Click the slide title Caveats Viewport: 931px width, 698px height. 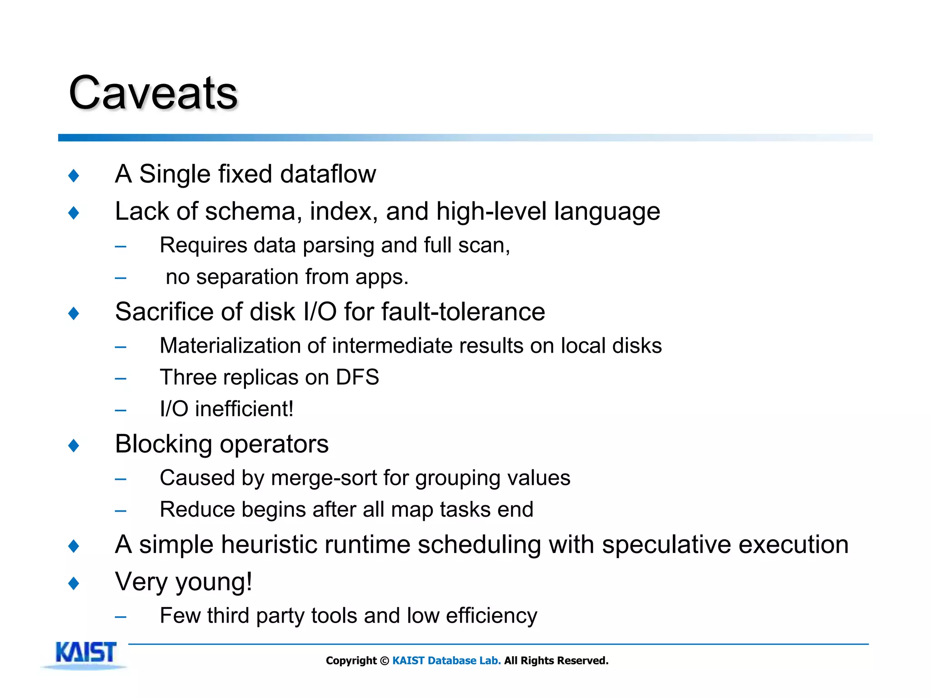[153, 93]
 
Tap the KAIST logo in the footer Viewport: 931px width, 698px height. [85, 653]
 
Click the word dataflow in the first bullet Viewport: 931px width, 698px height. [328, 174]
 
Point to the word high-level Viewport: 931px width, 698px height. [491, 212]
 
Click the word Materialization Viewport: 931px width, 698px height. [242, 346]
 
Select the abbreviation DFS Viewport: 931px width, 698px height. [357, 378]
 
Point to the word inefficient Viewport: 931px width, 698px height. [244, 409]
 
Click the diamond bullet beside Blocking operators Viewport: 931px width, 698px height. [74, 445]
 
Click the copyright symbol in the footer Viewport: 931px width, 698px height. [385, 661]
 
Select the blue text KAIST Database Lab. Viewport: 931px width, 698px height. [446, 661]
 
